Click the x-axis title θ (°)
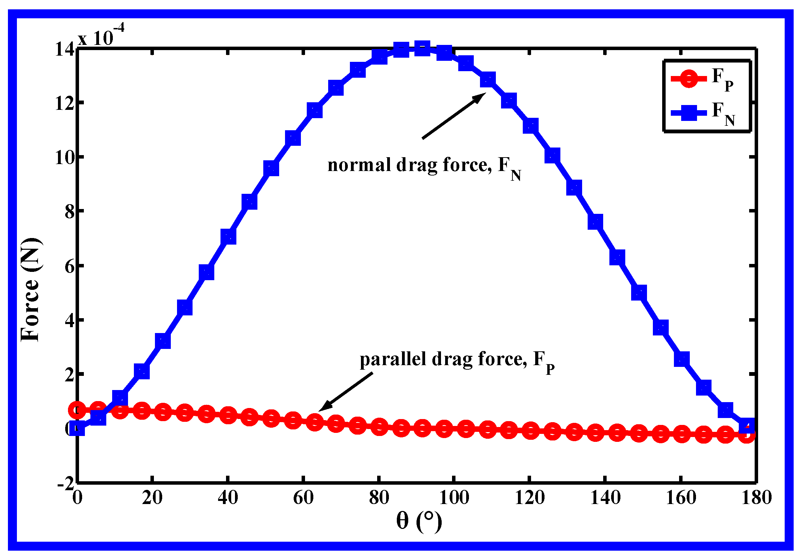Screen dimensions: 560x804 [x=419, y=521]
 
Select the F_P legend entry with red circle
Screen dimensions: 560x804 [x=702, y=78]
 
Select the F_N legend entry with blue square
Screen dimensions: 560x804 [x=703, y=113]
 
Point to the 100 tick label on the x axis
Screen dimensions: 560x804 [x=454, y=498]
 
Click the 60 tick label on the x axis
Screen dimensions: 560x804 [x=303, y=498]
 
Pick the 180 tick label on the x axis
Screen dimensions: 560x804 [x=756, y=498]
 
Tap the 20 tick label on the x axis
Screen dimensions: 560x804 [x=152, y=498]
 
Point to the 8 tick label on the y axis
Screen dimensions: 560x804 [x=69, y=212]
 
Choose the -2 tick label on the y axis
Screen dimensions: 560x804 [x=66, y=484]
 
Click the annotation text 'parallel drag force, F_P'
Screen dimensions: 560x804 [x=457, y=360]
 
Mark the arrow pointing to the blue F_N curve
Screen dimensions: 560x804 [x=453, y=116]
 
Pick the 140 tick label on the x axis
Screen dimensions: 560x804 [x=605, y=498]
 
